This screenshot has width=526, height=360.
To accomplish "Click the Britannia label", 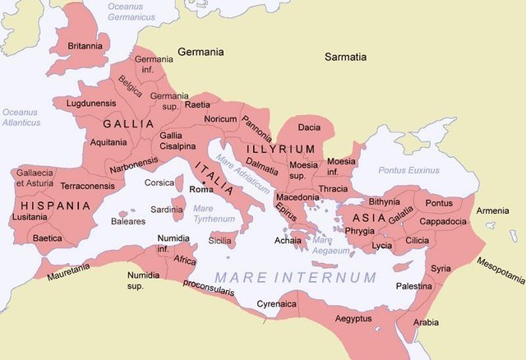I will click(85, 46).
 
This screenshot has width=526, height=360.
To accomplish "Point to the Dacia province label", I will click(309, 127).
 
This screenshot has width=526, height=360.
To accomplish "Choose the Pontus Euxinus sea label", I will click(408, 170).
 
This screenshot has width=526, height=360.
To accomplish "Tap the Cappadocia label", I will click(444, 221).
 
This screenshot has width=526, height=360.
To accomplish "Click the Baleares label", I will click(128, 221).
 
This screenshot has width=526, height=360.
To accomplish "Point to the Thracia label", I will click(332, 188).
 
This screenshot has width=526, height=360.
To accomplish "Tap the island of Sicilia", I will click(220, 239).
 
